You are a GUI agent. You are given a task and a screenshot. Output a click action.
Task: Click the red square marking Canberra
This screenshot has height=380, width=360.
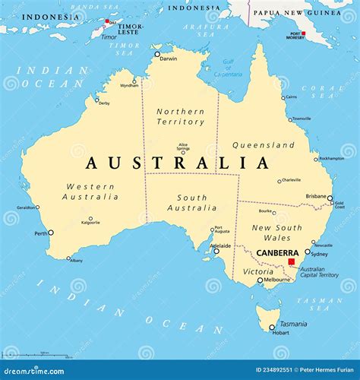(291, 261)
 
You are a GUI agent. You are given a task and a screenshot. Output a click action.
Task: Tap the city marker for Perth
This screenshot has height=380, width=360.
(51, 233)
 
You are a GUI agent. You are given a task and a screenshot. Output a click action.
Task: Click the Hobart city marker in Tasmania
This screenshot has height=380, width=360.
(272, 328)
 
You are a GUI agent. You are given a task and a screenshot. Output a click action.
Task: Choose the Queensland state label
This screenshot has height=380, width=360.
(264, 144)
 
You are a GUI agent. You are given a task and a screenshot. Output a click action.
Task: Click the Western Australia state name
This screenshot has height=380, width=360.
(91, 192)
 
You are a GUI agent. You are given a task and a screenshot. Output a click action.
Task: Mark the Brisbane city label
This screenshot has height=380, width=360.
(316, 196)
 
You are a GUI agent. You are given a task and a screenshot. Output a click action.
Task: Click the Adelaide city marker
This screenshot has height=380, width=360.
(216, 251)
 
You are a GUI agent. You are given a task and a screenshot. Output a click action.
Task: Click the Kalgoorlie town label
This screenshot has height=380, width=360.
(90, 222)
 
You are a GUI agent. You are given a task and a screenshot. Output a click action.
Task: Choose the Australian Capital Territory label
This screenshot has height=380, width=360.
(317, 273)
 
